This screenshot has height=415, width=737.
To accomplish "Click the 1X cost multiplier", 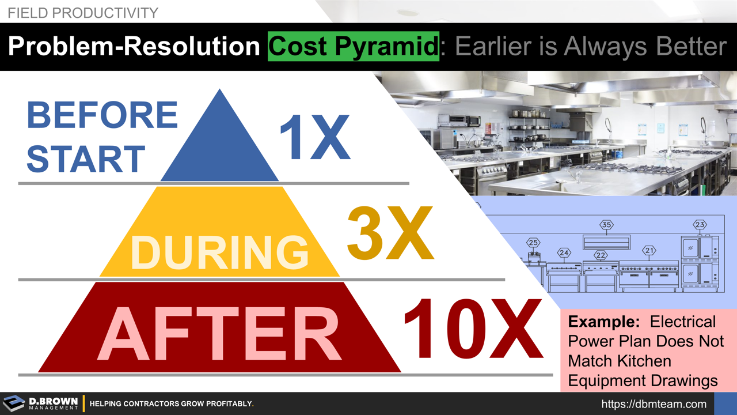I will pyautogui.click(x=314, y=138).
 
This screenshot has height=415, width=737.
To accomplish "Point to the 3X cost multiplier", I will pyautogui.click(x=390, y=233).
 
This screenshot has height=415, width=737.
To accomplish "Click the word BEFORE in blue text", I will pyautogui.click(x=102, y=115).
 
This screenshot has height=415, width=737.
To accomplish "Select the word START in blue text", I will pyautogui.click(x=86, y=159).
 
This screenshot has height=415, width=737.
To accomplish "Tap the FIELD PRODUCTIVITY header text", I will pyautogui.click(x=83, y=13).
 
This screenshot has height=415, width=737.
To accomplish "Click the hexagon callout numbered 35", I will pyautogui.click(x=606, y=225).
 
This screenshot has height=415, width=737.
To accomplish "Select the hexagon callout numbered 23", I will pyautogui.click(x=700, y=225).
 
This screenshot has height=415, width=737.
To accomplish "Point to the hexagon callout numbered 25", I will pyautogui.click(x=533, y=243).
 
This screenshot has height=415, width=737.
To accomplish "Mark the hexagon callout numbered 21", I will pyautogui.click(x=649, y=251).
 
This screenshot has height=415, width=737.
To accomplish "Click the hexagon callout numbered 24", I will pyautogui.click(x=564, y=252).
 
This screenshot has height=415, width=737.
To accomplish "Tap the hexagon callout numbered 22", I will pyautogui.click(x=601, y=255).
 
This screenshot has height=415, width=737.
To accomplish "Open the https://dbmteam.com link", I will pyautogui.click(x=654, y=404).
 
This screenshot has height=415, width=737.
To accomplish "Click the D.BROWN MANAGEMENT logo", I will pyautogui.click(x=40, y=403).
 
